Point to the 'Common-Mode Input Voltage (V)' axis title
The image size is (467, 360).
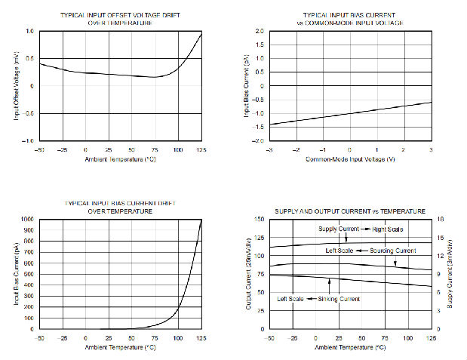[349, 159]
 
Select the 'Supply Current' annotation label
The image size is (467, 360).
[337, 229]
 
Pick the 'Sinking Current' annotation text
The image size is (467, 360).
[339, 299]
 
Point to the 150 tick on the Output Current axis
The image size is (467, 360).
[257, 220]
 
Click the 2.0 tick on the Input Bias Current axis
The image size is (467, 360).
[258, 32]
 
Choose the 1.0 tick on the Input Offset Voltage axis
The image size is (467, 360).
[29, 32]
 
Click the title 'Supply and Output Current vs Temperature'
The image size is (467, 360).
[349, 211]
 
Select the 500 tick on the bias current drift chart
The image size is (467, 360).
[27, 275]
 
